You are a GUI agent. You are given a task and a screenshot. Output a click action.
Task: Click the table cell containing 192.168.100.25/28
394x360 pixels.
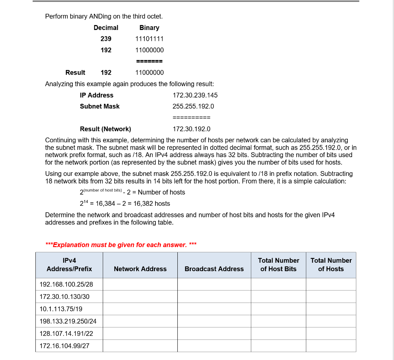point(66,284)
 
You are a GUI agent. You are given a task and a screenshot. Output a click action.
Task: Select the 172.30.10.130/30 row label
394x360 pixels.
point(64,297)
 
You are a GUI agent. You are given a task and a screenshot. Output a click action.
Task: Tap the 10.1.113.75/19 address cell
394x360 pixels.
point(61,309)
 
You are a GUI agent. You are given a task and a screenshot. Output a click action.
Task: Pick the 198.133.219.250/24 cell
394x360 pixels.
point(68,321)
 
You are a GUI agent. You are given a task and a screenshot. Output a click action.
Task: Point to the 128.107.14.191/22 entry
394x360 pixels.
point(66,333)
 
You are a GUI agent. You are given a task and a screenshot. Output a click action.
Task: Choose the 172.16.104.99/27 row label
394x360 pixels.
point(64,346)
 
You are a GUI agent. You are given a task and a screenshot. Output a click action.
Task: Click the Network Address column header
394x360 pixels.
point(140,269)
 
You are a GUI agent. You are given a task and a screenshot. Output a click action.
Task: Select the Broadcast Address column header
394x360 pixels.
point(214,269)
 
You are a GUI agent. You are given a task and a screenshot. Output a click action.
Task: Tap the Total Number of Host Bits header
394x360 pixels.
point(278,265)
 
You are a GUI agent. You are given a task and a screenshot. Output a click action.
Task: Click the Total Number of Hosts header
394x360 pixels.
point(331,265)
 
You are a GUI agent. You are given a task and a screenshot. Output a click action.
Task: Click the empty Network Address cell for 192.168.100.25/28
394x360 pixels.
point(140,284)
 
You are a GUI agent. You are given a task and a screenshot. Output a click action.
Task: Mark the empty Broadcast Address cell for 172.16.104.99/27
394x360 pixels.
point(214,346)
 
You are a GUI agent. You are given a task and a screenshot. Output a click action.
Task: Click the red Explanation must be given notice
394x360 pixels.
point(121,245)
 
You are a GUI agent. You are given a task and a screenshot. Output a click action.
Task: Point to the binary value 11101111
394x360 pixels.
point(149,39)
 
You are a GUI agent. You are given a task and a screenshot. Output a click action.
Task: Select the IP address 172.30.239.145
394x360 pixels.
point(195,95)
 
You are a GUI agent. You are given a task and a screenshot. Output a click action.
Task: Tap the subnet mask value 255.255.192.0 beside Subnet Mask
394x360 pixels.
point(193,106)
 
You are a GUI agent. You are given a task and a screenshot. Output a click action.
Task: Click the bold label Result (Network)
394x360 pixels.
point(105,129)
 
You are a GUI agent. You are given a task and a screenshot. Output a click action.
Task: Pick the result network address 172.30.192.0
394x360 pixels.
point(192,129)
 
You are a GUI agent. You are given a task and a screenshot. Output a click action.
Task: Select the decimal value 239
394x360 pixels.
point(106,39)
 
